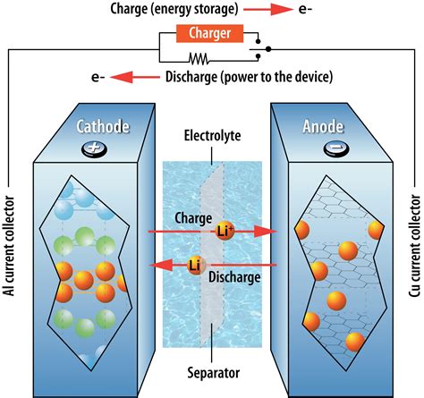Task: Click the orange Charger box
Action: tap(212, 35)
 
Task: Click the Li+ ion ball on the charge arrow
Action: tap(225, 230)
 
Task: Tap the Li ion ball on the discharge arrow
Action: tap(195, 265)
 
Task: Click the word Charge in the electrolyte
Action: tap(187, 217)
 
